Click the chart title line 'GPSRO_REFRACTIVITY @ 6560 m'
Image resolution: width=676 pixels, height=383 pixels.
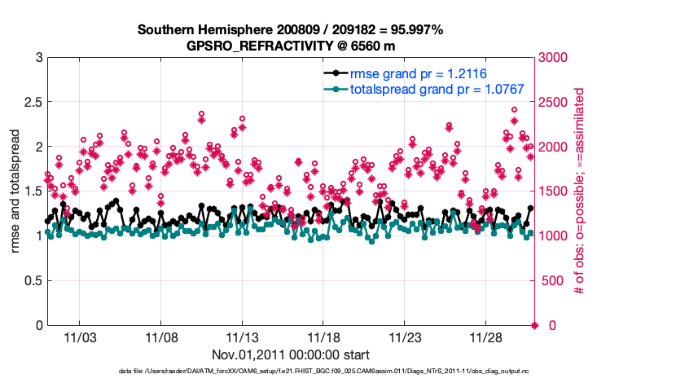pyautogui.click(x=292, y=46)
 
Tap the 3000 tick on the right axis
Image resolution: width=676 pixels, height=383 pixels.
pyautogui.click(x=555, y=58)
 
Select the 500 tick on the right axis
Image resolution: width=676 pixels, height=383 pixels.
pyautogui.click(x=551, y=281)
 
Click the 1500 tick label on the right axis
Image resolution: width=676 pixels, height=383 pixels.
pyautogui.click(x=555, y=191)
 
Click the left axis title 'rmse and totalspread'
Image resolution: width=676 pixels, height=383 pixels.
pyautogui.click(x=15, y=191)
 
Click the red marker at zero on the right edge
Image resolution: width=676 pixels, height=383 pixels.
pyautogui.click(x=535, y=325)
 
